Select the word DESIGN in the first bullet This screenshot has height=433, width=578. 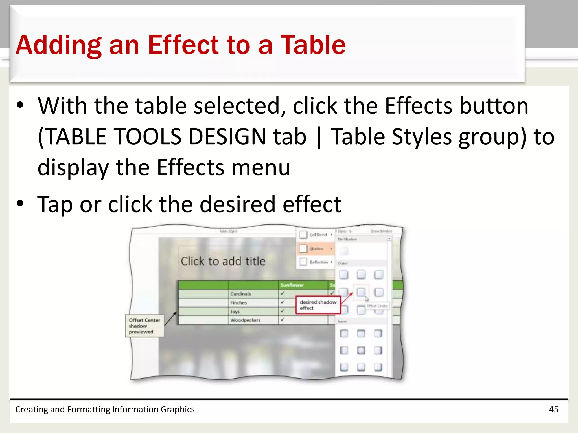coord(227,137)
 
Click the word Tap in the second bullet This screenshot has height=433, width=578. coord(55,204)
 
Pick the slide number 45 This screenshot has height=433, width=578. coord(553,409)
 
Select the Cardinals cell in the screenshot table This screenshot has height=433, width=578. coord(240,294)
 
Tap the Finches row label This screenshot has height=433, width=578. coord(238,303)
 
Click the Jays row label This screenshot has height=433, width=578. coord(235,312)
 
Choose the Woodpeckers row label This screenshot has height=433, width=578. coord(245,320)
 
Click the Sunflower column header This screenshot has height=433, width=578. coord(292,285)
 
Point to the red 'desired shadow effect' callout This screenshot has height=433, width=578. coord(318,305)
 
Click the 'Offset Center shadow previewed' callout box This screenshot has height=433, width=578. coord(144,326)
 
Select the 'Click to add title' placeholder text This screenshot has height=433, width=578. coord(223,261)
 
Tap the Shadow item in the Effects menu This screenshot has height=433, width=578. coord(316,249)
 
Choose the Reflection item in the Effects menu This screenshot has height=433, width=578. coord(319,262)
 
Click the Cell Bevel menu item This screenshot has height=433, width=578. coord(318,235)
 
